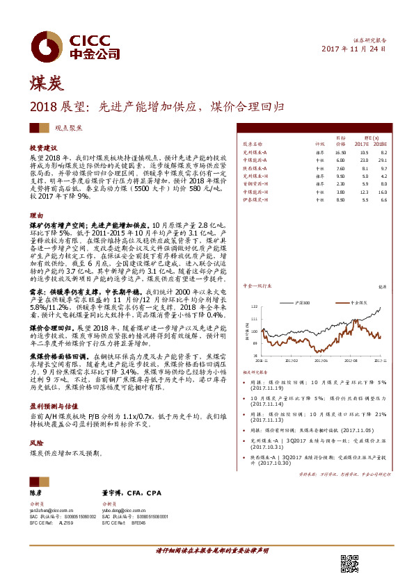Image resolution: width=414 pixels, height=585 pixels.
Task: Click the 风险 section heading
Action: click(x=36, y=442)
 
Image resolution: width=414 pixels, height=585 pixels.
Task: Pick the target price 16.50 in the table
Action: click(x=340, y=151)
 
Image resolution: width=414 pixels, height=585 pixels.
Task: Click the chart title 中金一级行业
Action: click(x=258, y=285)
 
